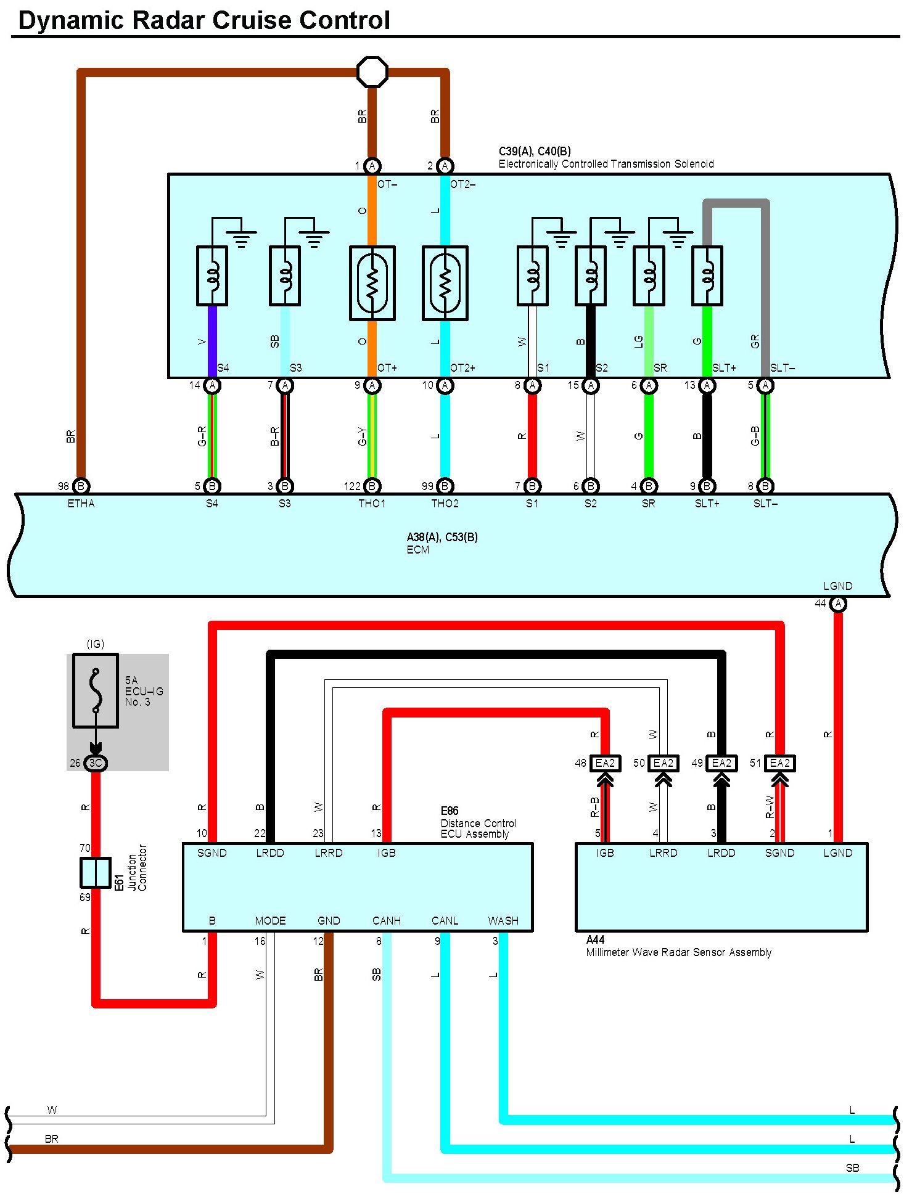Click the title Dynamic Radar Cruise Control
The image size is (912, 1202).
point(204,20)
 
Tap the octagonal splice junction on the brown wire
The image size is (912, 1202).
point(372,72)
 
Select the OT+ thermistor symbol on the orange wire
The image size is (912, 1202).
point(372,283)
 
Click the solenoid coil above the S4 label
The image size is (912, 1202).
point(212,276)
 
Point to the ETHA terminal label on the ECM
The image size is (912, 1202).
point(81,504)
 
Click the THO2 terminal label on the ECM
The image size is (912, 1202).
point(445,504)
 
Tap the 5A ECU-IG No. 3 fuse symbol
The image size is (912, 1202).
point(96,691)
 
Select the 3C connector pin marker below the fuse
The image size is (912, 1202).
point(96,763)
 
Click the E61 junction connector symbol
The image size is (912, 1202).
point(96,873)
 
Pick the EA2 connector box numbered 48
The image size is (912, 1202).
point(605,763)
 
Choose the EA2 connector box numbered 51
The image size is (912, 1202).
point(779,763)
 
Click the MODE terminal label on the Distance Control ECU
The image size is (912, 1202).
point(270,921)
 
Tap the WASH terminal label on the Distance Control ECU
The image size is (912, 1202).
point(503,921)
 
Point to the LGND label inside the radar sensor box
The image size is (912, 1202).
point(838,853)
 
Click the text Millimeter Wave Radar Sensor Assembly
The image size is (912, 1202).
point(678,952)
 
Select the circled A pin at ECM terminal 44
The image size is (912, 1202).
point(838,604)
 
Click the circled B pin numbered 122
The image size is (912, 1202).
point(372,486)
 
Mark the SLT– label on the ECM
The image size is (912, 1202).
point(765,504)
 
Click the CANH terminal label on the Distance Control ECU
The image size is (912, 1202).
point(387,921)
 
